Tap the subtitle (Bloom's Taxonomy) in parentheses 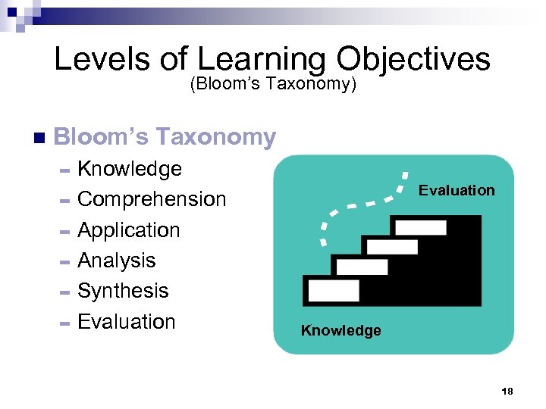pyautogui.click(x=273, y=84)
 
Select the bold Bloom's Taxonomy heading pyautogui.click(x=165, y=137)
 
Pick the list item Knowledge pyautogui.click(x=130, y=169)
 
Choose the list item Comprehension pyautogui.click(x=152, y=199)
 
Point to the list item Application pyautogui.click(x=129, y=230)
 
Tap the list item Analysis pyautogui.click(x=117, y=261)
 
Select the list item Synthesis pyautogui.click(x=123, y=291)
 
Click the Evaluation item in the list pyautogui.click(x=127, y=322)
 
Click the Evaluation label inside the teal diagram pyautogui.click(x=457, y=190)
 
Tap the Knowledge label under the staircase pyautogui.click(x=341, y=330)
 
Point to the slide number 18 pyautogui.click(x=507, y=391)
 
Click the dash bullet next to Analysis pyautogui.click(x=64, y=262)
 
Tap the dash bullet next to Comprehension pyautogui.click(x=64, y=201)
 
